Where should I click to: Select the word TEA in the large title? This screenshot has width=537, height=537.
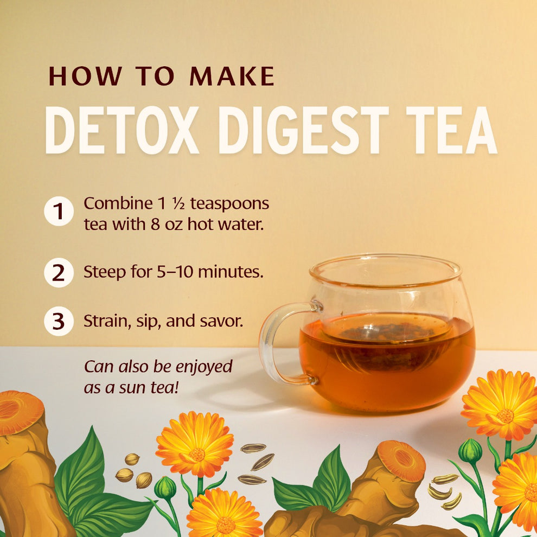451,131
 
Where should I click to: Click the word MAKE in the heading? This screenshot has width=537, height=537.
232,76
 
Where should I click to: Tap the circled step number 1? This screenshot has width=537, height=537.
59,212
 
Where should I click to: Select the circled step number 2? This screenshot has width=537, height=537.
59,273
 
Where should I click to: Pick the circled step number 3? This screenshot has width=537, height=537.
59,322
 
